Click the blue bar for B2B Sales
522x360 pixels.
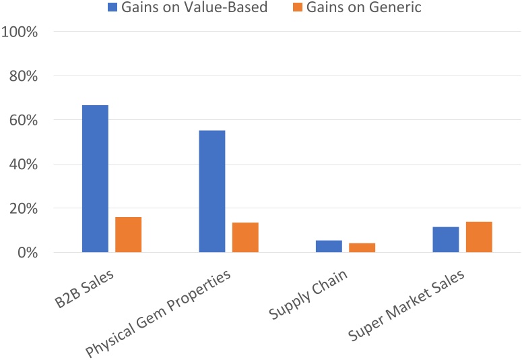click(x=95, y=179)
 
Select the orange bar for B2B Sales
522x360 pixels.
click(x=128, y=235)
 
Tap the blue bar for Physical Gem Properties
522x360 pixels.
click(x=211, y=191)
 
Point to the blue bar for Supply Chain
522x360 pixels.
click(x=329, y=246)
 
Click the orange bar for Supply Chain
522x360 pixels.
click(x=362, y=247)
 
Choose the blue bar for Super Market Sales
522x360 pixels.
click(x=445, y=239)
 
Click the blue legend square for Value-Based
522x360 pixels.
click(x=112, y=8)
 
